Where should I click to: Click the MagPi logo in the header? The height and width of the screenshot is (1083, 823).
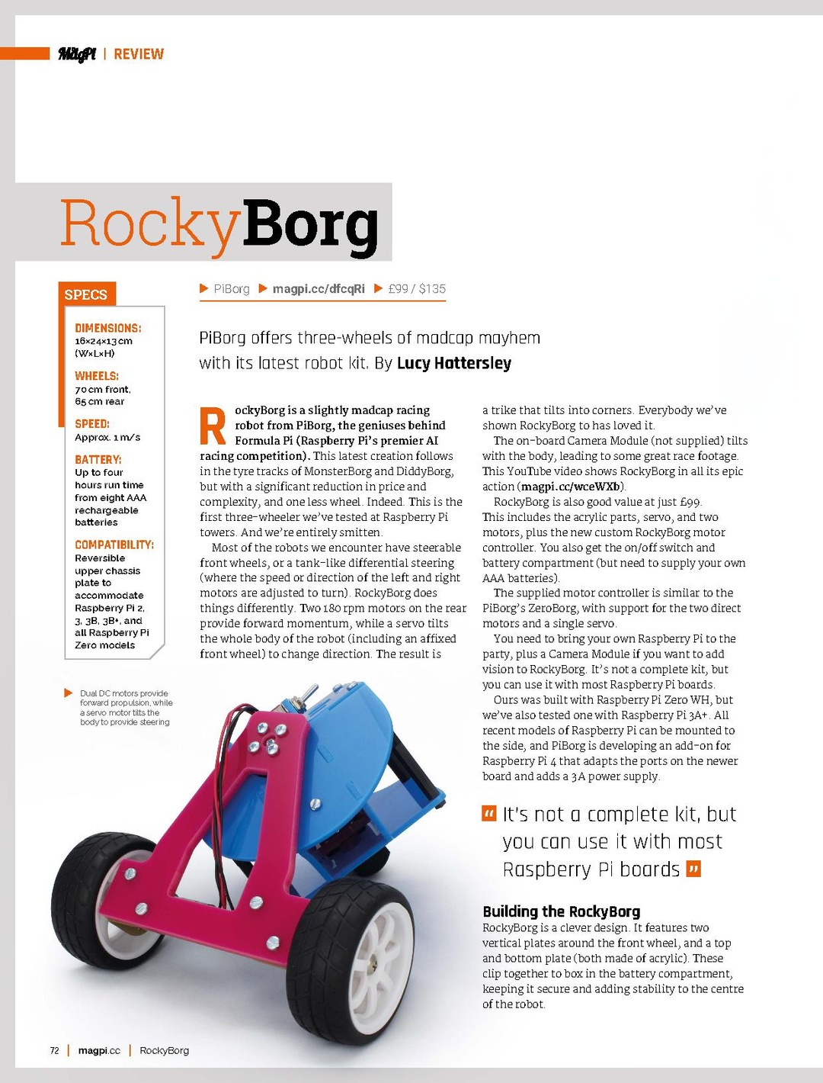coord(77,54)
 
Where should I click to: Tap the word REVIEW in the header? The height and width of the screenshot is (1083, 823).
coord(139,54)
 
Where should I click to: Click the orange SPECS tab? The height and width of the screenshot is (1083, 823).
coord(86,295)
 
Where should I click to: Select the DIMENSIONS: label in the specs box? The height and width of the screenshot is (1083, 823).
coord(108,328)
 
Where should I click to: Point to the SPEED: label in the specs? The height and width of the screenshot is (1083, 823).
coord(92,423)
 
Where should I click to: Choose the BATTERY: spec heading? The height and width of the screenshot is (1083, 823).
coord(98,459)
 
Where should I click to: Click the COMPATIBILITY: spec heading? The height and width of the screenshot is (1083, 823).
coord(114,545)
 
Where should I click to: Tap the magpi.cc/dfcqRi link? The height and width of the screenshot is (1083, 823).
coord(319,289)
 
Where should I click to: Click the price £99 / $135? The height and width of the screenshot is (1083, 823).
coord(417,289)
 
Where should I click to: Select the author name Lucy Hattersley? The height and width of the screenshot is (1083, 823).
coord(454,363)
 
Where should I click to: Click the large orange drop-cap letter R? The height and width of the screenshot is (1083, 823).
coord(213,426)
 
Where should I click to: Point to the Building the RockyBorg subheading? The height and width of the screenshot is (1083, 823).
coord(562,911)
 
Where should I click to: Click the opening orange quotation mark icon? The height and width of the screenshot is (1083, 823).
coord(489,814)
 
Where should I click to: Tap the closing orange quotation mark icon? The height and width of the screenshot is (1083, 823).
coord(693,869)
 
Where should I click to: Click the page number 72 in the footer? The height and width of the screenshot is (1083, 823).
coord(54,1050)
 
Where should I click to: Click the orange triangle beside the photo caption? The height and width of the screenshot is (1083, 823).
coord(69,693)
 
